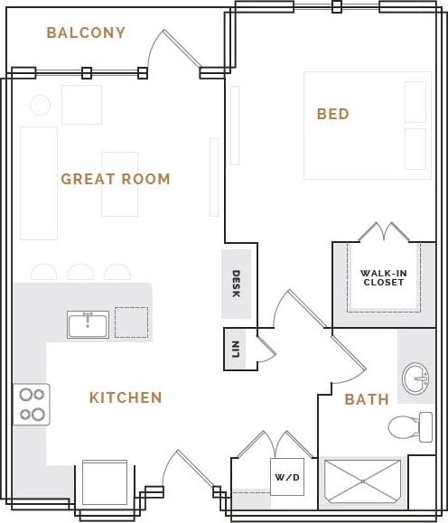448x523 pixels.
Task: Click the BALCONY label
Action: [x=86, y=33]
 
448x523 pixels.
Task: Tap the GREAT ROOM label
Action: [x=116, y=179]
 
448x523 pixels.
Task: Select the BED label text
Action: [x=332, y=114]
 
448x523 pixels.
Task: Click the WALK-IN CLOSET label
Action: [x=384, y=277]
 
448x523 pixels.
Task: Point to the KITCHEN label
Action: [x=126, y=397]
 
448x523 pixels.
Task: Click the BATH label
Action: [x=367, y=399]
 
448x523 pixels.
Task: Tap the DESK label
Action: [x=236, y=284]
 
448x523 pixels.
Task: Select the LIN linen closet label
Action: [x=235, y=349]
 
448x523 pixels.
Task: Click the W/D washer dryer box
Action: [x=287, y=476]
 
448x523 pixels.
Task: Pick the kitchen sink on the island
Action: [x=88, y=324]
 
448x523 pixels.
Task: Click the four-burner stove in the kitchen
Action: [x=32, y=405]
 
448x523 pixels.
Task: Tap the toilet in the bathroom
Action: [x=409, y=426]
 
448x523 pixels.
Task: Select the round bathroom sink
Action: [x=415, y=378]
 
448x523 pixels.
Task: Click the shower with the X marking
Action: [x=361, y=481]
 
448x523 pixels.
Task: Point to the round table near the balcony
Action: [x=40, y=105]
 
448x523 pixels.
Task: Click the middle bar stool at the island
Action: [x=80, y=272]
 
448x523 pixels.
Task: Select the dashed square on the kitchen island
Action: [x=131, y=322]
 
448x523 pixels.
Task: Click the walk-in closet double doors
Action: [x=384, y=232]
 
